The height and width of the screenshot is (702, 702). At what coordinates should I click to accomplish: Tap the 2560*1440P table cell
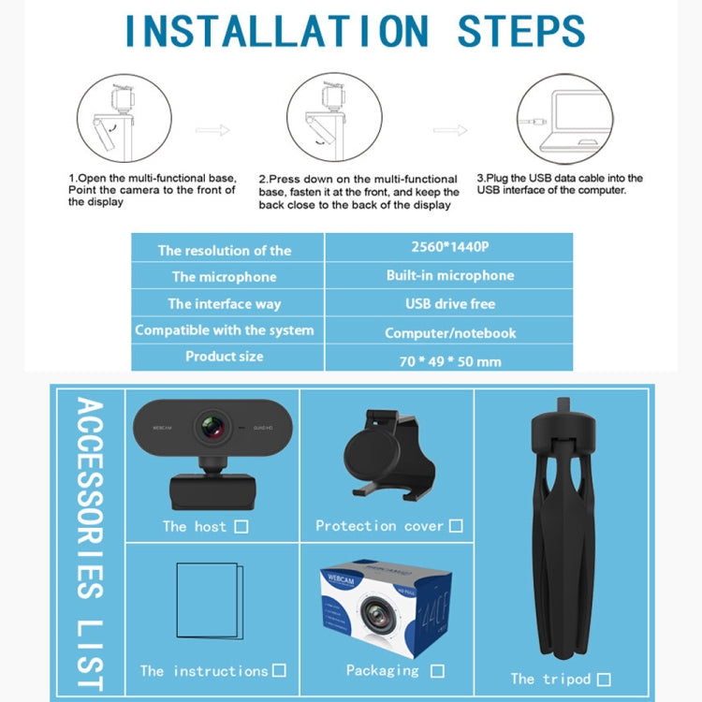pyautogui.click(x=449, y=248)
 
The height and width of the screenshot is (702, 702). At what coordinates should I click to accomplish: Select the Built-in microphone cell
pyautogui.click(x=449, y=275)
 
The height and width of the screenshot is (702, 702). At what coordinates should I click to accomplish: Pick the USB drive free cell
pyautogui.click(x=449, y=303)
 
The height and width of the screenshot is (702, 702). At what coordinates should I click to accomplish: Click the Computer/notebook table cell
pyautogui.click(x=449, y=332)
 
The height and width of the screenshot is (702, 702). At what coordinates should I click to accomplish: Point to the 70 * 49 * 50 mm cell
pyautogui.click(x=449, y=360)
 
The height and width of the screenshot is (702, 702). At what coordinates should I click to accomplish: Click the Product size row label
pyautogui.click(x=225, y=357)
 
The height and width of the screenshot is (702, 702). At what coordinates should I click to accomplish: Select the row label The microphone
pyautogui.click(x=225, y=277)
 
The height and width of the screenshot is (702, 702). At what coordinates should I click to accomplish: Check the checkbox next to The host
pyautogui.click(x=241, y=527)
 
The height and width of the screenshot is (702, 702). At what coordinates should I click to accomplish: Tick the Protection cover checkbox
pyautogui.click(x=456, y=526)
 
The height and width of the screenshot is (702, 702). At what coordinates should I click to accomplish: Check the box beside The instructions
pyautogui.click(x=279, y=670)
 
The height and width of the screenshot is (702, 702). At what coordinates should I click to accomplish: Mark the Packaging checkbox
pyautogui.click(x=437, y=670)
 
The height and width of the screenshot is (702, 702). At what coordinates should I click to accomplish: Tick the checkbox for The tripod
pyautogui.click(x=604, y=679)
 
